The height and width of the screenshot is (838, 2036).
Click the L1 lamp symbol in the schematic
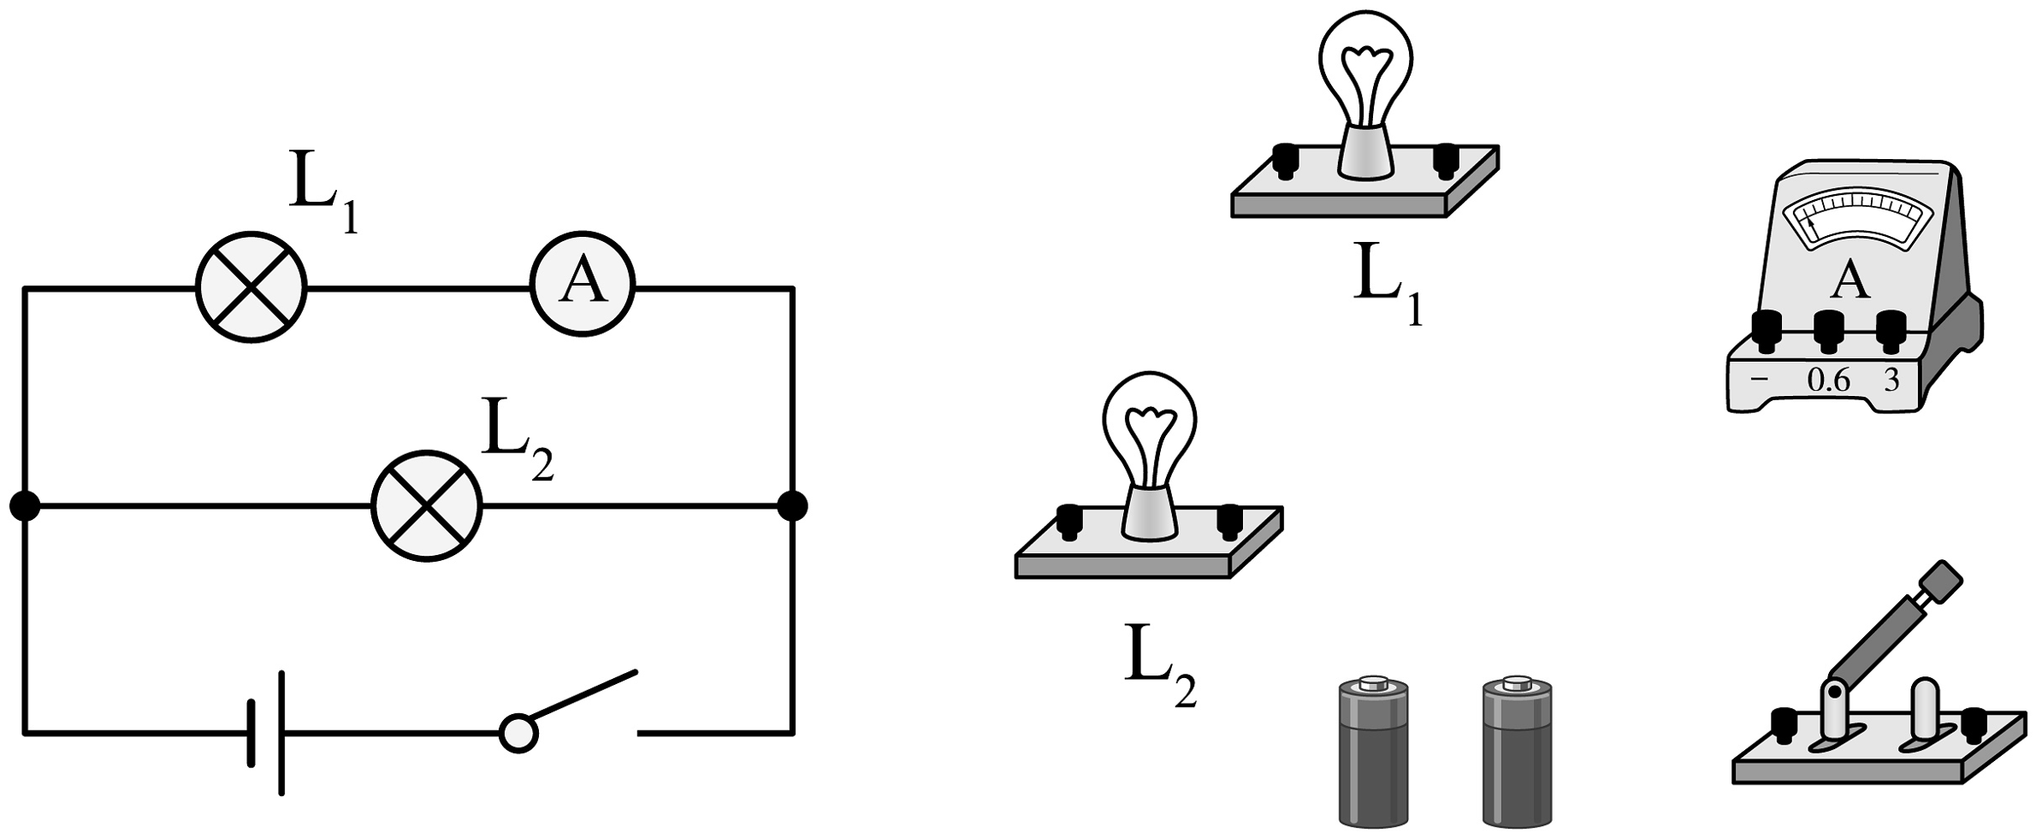point(251,288)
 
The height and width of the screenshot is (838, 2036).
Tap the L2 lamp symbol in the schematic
point(426,506)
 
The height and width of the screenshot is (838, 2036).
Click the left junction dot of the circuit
point(25,506)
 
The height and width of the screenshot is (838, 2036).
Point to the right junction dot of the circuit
point(792,506)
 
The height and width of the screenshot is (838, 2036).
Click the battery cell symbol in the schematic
point(266,733)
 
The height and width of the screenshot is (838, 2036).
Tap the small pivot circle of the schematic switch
point(518,734)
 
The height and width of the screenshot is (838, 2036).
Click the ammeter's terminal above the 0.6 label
point(1828,329)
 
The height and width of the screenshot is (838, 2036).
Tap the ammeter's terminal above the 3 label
point(1891,329)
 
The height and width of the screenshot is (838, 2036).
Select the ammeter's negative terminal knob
point(1766,329)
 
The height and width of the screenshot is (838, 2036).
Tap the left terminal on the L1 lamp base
point(1283,160)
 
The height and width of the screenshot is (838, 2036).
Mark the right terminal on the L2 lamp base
point(1230,521)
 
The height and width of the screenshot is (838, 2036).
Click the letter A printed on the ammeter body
point(1851,281)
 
